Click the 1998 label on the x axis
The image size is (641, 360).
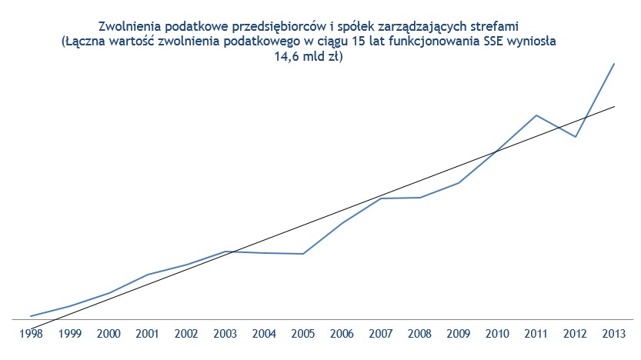(x=30, y=334)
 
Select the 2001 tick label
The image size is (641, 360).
(x=147, y=334)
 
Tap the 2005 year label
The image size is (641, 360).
(x=303, y=334)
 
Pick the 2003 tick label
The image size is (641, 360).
(x=225, y=334)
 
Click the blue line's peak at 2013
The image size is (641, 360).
(x=614, y=63)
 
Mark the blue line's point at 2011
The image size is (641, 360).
(x=536, y=115)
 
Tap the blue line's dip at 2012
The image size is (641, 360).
(x=576, y=137)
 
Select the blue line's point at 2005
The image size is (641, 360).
(x=303, y=254)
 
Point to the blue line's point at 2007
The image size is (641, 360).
(x=381, y=198)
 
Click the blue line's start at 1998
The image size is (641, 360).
(x=30, y=316)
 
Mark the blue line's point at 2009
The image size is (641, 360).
(x=459, y=183)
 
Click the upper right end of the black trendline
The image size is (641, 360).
(x=614, y=106)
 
